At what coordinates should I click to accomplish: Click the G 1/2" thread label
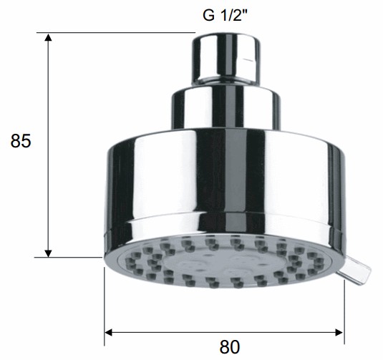[225, 16]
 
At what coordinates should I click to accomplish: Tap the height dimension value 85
[21, 141]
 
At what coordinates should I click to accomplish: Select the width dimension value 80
[230, 347]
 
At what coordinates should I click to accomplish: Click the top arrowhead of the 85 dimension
[49, 37]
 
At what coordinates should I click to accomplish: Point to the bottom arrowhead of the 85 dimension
[49, 253]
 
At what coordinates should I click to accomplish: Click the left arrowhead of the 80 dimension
[108, 332]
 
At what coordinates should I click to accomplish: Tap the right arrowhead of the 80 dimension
[339, 332]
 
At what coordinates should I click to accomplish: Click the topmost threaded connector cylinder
[226, 60]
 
